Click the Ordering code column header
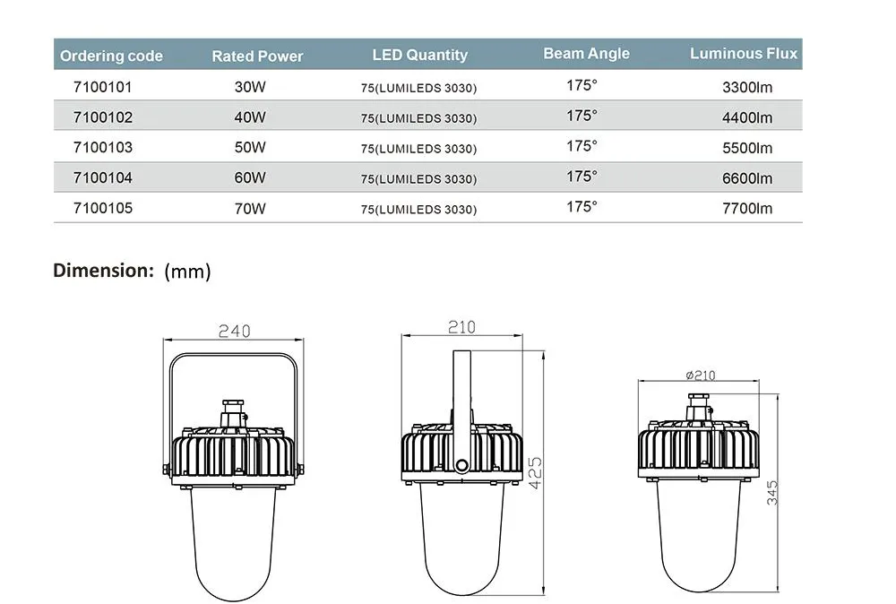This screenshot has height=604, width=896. tap(111, 56)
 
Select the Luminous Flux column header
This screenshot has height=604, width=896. tap(744, 54)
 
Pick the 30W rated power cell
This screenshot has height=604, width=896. tap(246, 88)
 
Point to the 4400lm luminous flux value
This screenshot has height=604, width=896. tap(746, 117)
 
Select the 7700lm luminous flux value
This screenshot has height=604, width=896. tap(746, 209)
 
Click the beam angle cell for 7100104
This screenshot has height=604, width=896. tap(582, 177)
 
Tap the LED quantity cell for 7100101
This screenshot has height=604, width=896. tap(418, 89)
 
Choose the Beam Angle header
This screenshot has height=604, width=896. tap(586, 54)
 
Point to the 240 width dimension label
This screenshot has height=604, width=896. tap(234, 331)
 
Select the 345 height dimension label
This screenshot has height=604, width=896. tap(772, 492)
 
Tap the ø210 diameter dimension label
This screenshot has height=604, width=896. tap(699, 375)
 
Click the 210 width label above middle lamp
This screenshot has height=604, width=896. tap(461, 327)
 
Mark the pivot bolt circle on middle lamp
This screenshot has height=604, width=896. tap(461, 464)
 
